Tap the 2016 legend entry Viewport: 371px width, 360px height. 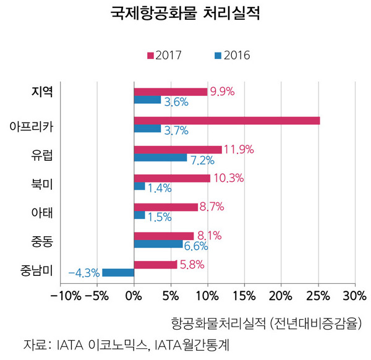(232, 55)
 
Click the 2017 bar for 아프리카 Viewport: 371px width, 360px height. (226, 121)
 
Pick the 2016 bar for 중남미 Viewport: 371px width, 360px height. (117, 272)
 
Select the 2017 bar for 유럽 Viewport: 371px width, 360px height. (177, 150)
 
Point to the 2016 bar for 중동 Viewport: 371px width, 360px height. (158, 244)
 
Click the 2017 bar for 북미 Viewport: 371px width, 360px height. (172, 178)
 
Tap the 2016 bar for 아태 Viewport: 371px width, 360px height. (139, 215)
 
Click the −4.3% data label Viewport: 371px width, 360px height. (83, 273)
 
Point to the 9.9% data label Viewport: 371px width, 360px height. (222, 92)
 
